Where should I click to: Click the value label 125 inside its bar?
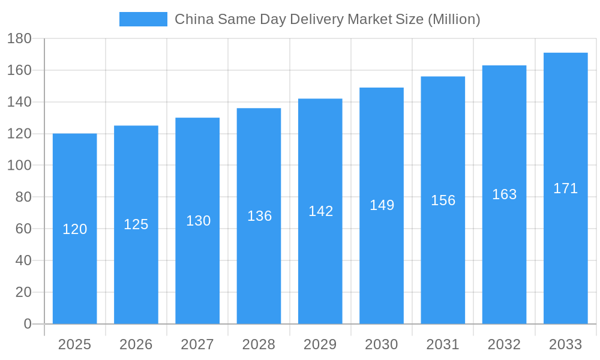[x=136, y=224]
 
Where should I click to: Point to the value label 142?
[x=320, y=211]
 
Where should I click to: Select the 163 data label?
[x=504, y=194]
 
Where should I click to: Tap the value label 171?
[x=565, y=188]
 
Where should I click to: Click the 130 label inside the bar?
[x=198, y=221]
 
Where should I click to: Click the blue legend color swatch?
[x=143, y=19]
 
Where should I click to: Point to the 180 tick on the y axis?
[x=19, y=39]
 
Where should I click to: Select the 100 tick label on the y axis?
[x=19, y=166]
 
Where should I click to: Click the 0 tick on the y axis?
[x=27, y=324]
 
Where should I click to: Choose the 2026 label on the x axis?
[x=136, y=344]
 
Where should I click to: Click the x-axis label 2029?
[x=320, y=344]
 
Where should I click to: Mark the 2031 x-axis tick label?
[x=443, y=344]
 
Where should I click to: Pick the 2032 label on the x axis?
[x=504, y=344]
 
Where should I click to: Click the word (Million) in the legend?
[x=454, y=19]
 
